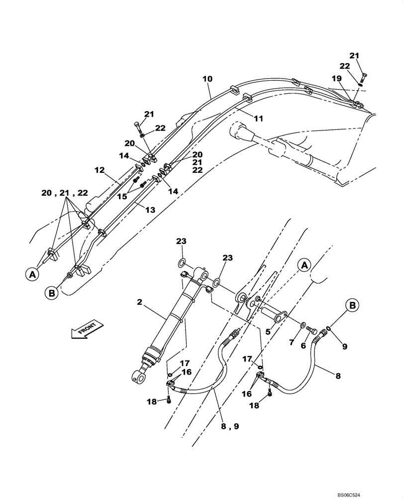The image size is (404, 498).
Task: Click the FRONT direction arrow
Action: click(87, 330)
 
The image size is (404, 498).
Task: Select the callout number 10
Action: click(207, 79)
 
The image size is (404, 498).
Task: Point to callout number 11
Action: click(258, 118)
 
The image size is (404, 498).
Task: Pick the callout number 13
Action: click(150, 210)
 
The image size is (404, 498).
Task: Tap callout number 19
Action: click(337, 78)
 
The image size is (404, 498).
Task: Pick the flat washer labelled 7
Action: click(303, 325)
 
